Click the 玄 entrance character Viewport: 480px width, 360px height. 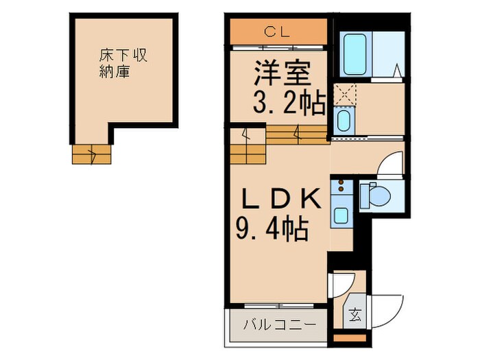point(355,315)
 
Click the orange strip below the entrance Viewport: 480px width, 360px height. point(350,337)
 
